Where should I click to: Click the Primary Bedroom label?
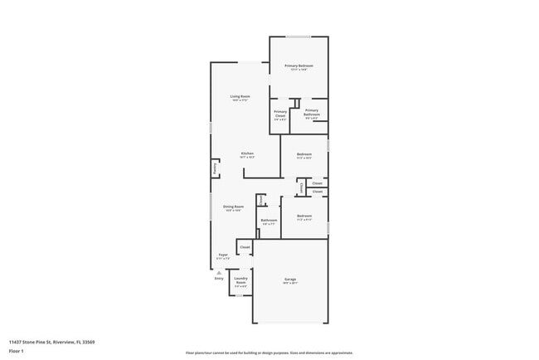click(299, 66)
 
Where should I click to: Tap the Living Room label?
click(240, 97)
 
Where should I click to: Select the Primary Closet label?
click(280, 114)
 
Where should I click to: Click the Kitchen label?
click(247, 153)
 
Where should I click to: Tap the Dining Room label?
click(233, 207)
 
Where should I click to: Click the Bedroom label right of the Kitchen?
click(304, 153)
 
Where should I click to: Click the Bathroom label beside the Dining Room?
click(269, 221)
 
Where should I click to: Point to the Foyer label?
click(223, 255)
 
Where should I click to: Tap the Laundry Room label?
click(240, 282)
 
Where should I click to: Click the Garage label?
click(290, 280)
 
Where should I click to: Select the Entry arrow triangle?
click(219, 271)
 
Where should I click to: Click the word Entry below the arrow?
click(219, 279)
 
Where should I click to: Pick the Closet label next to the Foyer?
click(245, 247)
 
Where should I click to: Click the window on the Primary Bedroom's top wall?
click(299, 36)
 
